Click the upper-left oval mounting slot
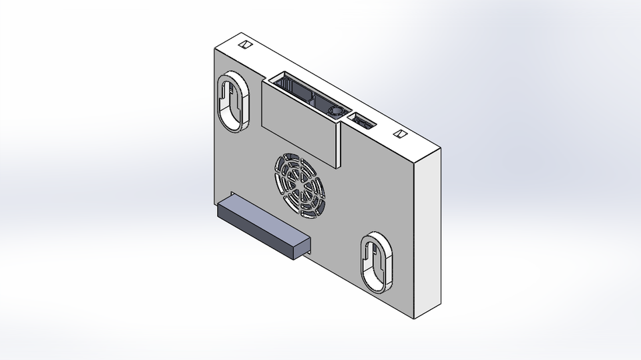click(x=232, y=102)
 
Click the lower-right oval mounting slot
click(x=378, y=262)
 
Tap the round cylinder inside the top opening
click(x=336, y=110)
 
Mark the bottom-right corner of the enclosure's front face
click(x=415, y=317)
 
